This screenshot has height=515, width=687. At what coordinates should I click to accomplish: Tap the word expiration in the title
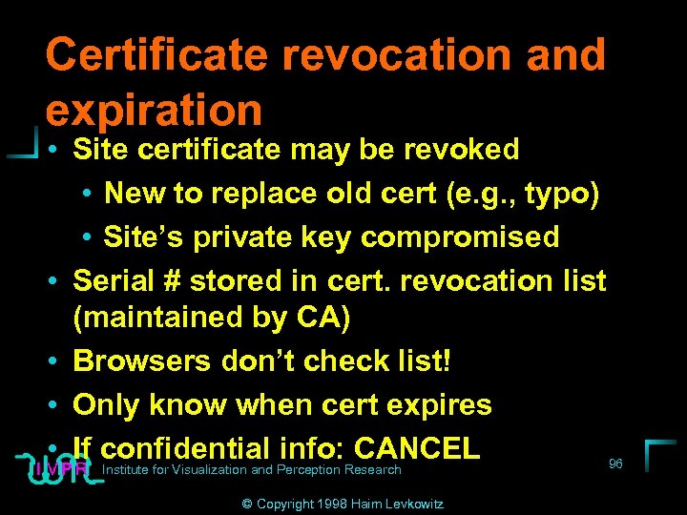click(x=153, y=110)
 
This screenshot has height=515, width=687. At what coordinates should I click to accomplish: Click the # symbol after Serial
click(x=172, y=281)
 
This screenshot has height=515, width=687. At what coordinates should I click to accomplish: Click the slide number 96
click(x=615, y=463)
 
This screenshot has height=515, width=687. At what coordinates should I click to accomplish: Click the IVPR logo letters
click(x=59, y=468)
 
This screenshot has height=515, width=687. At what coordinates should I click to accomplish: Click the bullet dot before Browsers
click(x=52, y=361)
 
